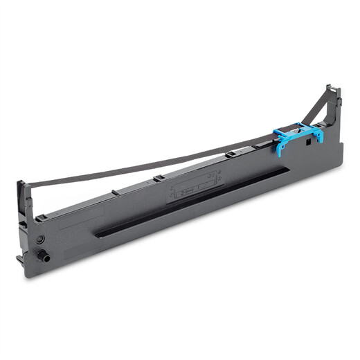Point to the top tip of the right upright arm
pyautogui.click(x=332, y=88)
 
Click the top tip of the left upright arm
pyautogui.click(x=21, y=183)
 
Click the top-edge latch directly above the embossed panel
pyautogui.click(x=158, y=178)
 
